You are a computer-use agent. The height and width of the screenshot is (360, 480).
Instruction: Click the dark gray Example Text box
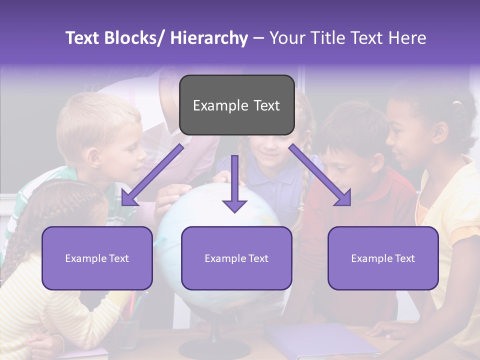236,105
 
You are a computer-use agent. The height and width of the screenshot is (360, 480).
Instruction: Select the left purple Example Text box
97,258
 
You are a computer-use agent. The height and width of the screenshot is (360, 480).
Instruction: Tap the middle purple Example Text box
236,258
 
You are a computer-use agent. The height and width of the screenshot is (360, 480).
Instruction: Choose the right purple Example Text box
383,258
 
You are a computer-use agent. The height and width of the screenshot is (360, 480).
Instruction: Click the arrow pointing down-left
150,175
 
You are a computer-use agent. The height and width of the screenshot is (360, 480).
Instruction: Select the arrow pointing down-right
320,175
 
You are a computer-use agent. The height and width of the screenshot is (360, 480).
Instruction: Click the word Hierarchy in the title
209,38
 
